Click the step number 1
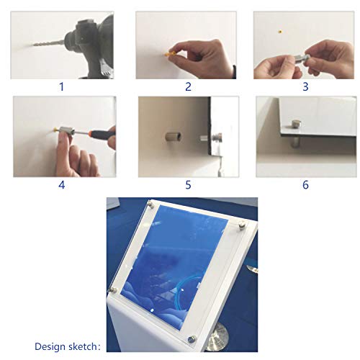click(62, 86)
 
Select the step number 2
click(188, 86)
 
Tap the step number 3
click(305, 86)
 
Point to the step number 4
click(62, 185)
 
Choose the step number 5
click(188, 185)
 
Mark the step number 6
click(305, 185)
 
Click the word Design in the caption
click(50, 347)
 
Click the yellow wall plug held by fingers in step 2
click(168, 53)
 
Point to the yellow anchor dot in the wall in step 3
click(279, 32)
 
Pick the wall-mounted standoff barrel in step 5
click(174, 137)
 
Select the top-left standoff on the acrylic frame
click(150, 204)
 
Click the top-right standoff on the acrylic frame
click(242, 225)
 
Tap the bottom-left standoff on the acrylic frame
click(113, 290)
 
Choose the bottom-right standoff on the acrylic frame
click(192, 339)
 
